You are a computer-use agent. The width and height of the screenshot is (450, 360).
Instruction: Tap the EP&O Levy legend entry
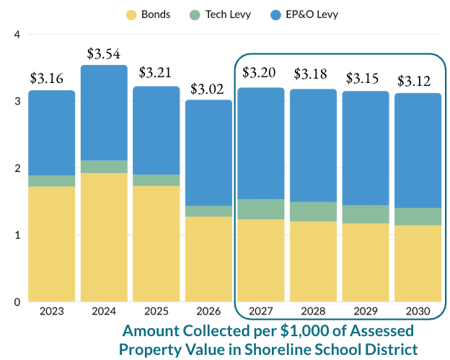303,14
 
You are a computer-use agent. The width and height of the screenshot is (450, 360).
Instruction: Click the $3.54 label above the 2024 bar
104,54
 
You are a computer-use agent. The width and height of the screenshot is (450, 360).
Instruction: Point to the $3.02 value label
208,89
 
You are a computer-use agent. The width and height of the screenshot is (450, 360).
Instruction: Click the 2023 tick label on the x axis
52,312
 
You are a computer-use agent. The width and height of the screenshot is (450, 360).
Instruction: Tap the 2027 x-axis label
260,312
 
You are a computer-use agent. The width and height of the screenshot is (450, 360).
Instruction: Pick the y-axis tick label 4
17,35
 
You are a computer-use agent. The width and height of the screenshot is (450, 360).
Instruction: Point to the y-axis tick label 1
17,235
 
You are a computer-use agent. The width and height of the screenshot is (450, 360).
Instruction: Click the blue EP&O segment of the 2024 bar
104,113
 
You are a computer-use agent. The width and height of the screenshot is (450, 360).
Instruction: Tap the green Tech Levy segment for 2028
312,211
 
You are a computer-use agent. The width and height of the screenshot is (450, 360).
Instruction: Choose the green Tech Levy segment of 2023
52,181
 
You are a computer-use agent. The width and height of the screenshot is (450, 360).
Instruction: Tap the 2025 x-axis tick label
156,312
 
